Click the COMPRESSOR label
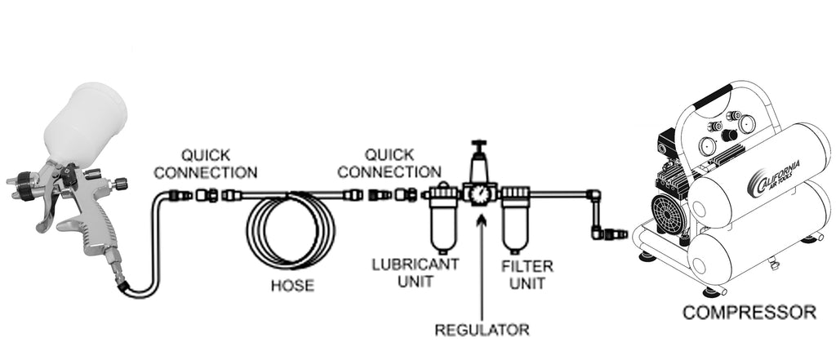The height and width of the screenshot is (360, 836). (749, 312)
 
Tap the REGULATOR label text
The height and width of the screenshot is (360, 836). (482, 330)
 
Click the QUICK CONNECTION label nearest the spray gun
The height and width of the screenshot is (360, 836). (206, 163)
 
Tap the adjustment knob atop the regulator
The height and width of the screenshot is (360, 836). (480, 148)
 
